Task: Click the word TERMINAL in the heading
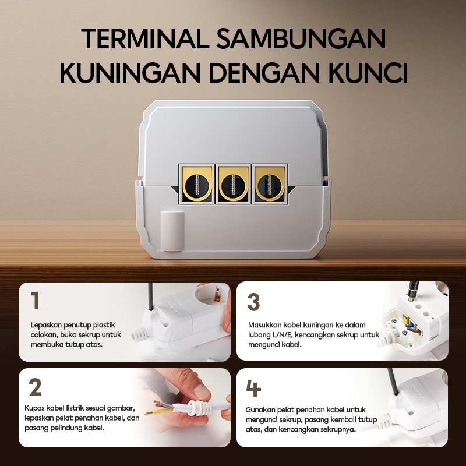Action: click(x=145, y=38)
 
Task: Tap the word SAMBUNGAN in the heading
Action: click(x=301, y=38)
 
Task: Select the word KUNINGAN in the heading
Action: click(x=130, y=73)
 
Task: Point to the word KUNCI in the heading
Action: click(x=368, y=73)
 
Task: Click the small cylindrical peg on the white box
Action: click(x=172, y=231)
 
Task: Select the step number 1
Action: click(x=36, y=300)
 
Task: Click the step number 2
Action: click(x=36, y=387)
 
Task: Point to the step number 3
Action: click(x=253, y=302)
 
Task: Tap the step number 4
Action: click(x=253, y=388)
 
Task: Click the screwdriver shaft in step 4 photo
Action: click(x=393, y=382)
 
